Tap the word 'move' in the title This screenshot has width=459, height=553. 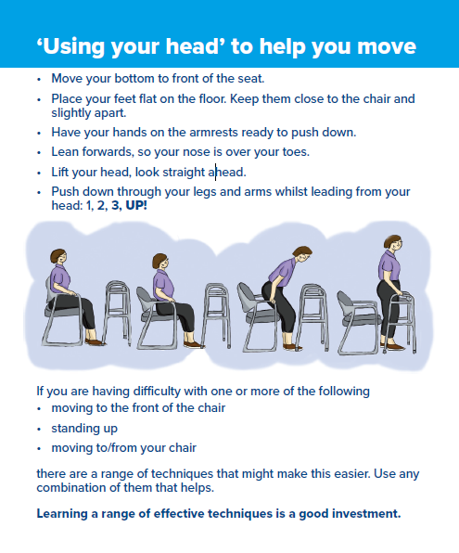(379, 46)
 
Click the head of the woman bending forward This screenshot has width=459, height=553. (300, 257)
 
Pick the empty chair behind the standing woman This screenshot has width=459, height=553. (356, 320)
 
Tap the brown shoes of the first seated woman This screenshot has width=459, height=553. (95, 341)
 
